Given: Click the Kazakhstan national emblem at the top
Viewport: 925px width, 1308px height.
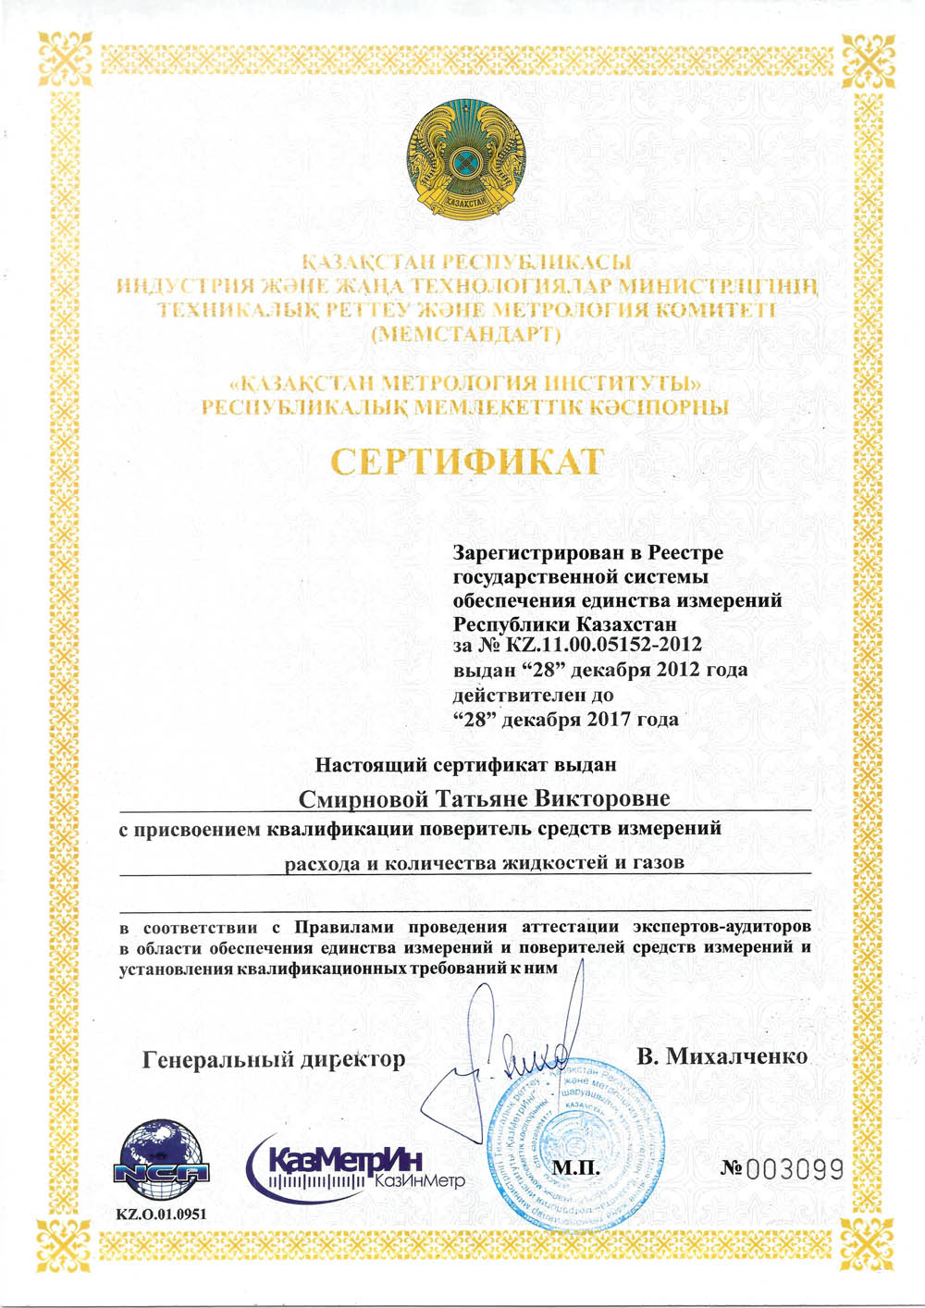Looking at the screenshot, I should pyautogui.click(x=465, y=163).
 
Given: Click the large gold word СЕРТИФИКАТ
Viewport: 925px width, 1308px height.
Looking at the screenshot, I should pyautogui.click(x=467, y=461).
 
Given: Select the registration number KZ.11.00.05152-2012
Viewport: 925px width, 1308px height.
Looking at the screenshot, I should pyautogui.click(x=604, y=645).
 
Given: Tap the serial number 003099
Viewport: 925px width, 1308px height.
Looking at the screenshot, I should pyautogui.click(x=795, y=1170).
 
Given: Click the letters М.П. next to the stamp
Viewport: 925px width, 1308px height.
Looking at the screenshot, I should pyautogui.click(x=576, y=1168).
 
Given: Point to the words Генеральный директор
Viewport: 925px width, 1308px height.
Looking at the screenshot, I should pyautogui.click(x=274, y=1058).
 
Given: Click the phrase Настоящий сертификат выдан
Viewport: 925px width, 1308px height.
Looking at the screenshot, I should pyautogui.click(x=465, y=765).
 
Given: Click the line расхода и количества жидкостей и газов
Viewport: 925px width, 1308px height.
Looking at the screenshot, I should pyautogui.click(x=485, y=864).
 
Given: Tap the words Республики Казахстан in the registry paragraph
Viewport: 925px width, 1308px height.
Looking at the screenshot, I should pyautogui.click(x=565, y=623).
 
